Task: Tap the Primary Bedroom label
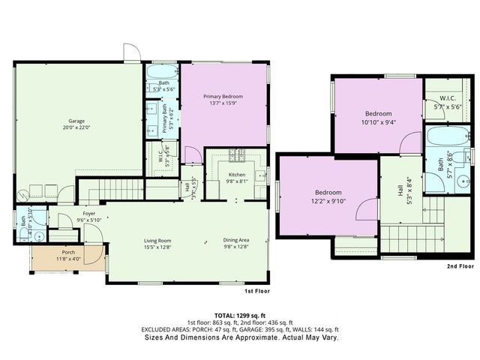pos(223,97)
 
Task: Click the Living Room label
pos(158,241)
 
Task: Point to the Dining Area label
pos(235,241)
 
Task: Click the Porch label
pos(68,252)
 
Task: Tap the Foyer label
pos(89,213)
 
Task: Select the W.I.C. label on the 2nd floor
pos(448,98)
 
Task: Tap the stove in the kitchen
pos(237,156)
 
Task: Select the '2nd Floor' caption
pos(460,266)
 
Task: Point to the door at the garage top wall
pos(132,52)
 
